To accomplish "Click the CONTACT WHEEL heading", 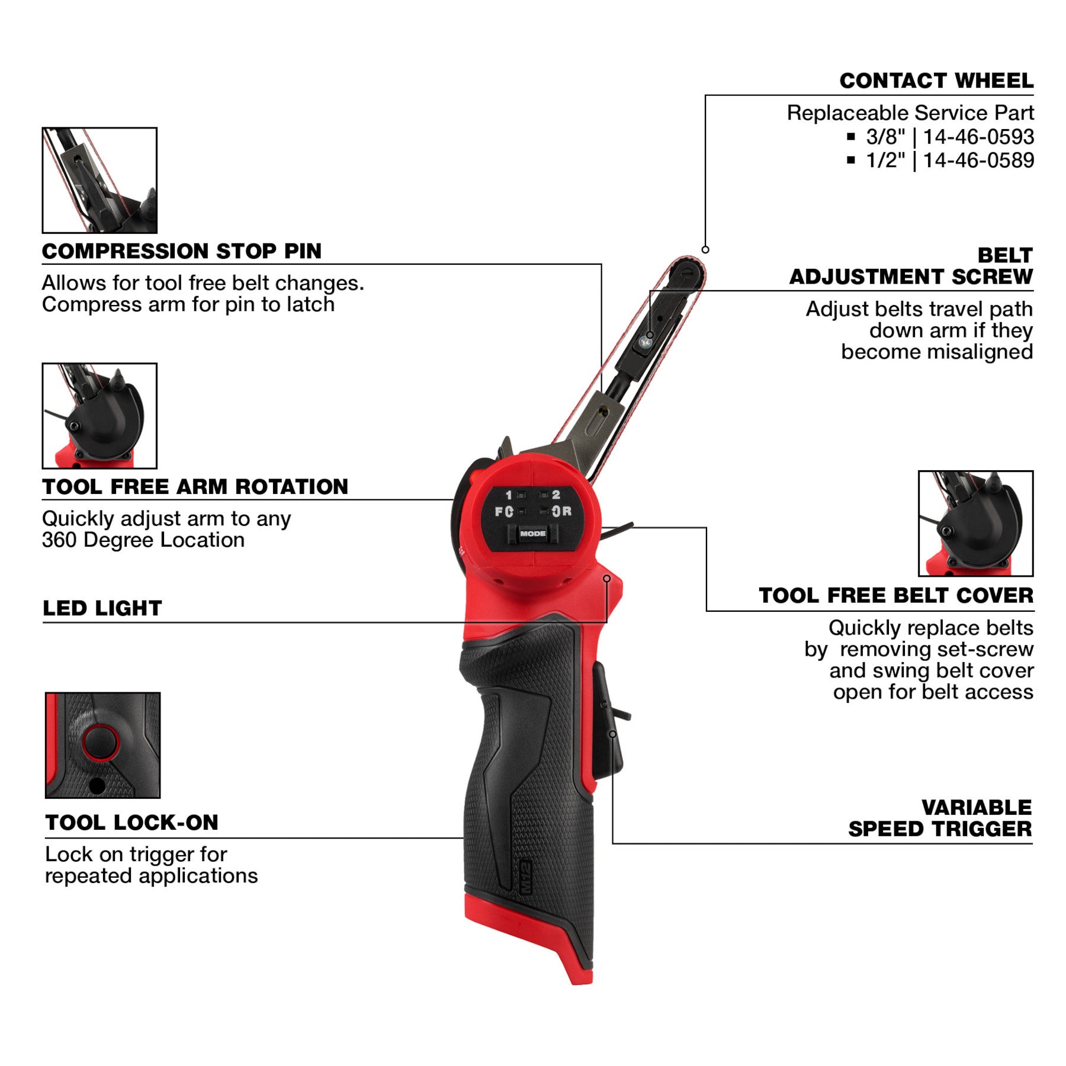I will [x=936, y=81].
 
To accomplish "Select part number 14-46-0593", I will [x=978, y=137].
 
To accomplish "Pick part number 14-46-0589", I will [x=978, y=160].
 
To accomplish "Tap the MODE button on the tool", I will [x=532, y=534].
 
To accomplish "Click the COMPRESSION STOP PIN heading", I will [x=181, y=251].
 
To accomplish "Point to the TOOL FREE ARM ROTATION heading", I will [x=195, y=487].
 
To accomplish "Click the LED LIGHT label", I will [x=102, y=608].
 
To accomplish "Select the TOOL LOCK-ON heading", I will [x=131, y=823].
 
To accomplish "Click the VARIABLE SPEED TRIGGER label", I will [x=939, y=818].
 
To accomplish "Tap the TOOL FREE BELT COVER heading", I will [x=895, y=596].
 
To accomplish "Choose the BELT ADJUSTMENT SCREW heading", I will [x=910, y=266].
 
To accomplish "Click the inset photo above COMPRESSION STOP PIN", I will [x=99, y=180].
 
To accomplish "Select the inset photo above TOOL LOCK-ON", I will [x=102, y=745].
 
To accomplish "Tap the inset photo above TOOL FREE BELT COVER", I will [x=975, y=524].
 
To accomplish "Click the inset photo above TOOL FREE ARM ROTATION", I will [x=99, y=416].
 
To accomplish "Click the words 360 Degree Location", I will [x=143, y=540].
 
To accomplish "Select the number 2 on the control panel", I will [x=556, y=495].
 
